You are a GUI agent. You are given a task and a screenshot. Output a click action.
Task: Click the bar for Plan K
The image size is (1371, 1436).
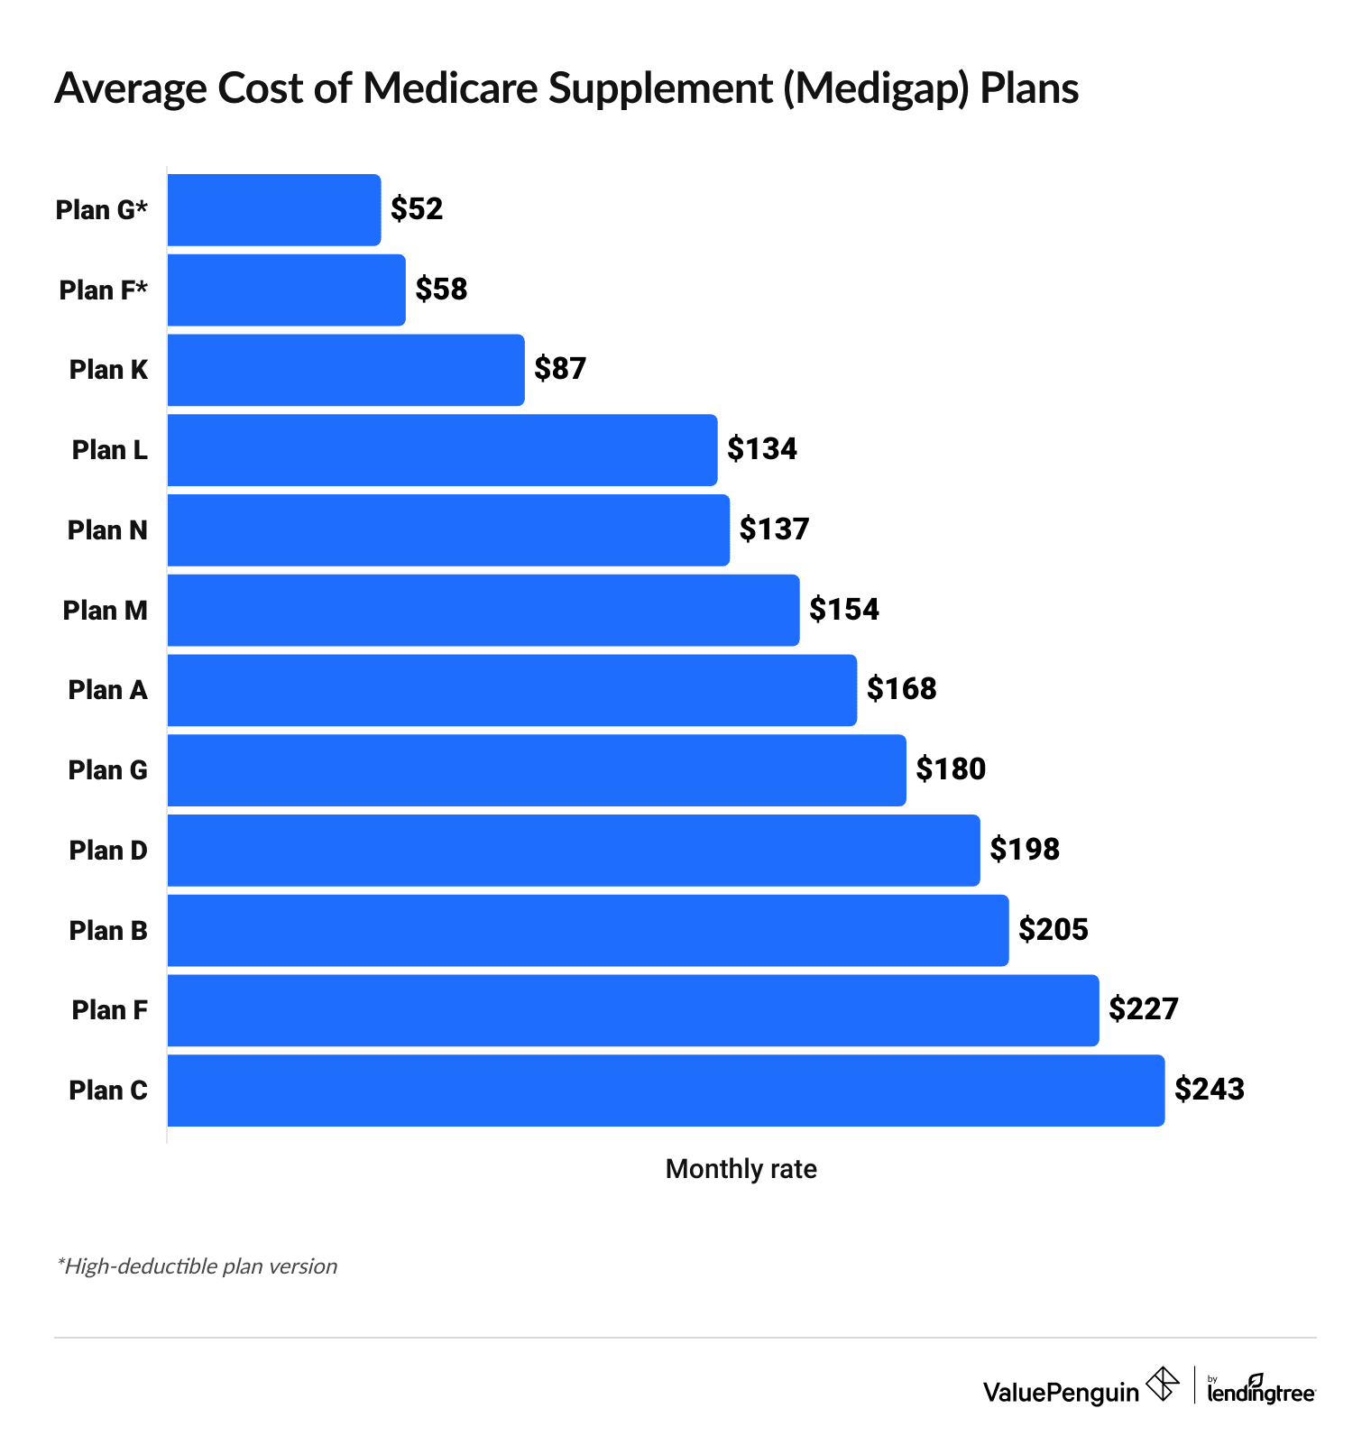click(x=345, y=370)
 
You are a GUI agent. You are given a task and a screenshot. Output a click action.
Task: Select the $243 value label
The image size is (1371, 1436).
click(x=1210, y=1090)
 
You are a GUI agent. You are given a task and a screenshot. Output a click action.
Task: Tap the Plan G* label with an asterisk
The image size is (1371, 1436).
click(x=101, y=210)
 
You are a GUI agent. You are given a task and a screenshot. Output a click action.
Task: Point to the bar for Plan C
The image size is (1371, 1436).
click(x=666, y=1091)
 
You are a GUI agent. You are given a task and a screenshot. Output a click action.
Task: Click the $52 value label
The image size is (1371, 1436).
click(x=417, y=209)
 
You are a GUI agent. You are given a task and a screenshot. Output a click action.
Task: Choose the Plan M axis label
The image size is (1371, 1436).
click(x=105, y=611)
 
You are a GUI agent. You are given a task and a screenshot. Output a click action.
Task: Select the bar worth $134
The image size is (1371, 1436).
click(x=442, y=450)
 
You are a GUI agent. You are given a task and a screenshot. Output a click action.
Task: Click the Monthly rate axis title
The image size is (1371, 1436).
click(x=741, y=1169)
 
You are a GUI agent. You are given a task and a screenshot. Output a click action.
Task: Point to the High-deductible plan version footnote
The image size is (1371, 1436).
click(x=197, y=1266)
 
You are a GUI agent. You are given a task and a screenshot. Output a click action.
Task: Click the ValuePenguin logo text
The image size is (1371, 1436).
click(x=1061, y=1393)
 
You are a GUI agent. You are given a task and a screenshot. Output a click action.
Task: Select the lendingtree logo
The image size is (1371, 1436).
click(x=1261, y=1390)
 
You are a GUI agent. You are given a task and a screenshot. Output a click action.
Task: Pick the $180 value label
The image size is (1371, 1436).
click(x=951, y=769)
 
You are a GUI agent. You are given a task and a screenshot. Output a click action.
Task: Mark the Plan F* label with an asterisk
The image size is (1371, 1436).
click(x=103, y=290)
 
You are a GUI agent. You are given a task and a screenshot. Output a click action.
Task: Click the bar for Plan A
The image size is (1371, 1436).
click(x=511, y=690)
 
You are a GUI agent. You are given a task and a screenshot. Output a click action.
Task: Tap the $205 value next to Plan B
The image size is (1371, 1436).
click(x=1054, y=930)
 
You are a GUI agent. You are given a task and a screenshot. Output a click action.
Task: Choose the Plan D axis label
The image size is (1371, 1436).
click(x=108, y=851)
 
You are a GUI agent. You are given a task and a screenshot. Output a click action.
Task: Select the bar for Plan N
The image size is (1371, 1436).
click(x=448, y=530)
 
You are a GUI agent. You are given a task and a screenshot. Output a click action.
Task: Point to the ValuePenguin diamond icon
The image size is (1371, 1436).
click(x=1163, y=1384)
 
